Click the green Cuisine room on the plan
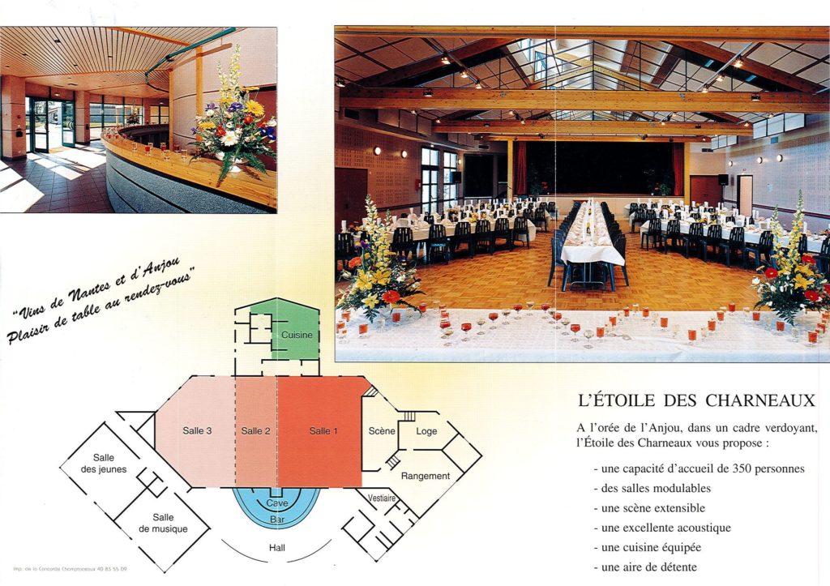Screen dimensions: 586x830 pyautogui.click(x=297, y=335)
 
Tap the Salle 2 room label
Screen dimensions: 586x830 pyautogui.click(x=255, y=431)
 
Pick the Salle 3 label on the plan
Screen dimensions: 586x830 pyautogui.click(x=197, y=431)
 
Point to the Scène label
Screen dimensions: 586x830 pyautogui.click(x=381, y=431)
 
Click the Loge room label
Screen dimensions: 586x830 pyautogui.click(x=426, y=431)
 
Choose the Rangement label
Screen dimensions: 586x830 pyautogui.click(x=425, y=476)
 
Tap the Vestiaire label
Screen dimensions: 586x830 pyautogui.click(x=382, y=498)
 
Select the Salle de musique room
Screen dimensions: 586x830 pyautogui.click(x=163, y=524)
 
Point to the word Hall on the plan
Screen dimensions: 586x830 pyautogui.click(x=277, y=548)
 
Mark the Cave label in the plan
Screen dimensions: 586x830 pyautogui.click(x=276, y=503)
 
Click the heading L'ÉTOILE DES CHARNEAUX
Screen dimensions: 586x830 pyautogui.click(x=696, y=400)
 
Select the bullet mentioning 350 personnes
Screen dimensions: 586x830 pyautogui.click(x=699, y=468)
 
